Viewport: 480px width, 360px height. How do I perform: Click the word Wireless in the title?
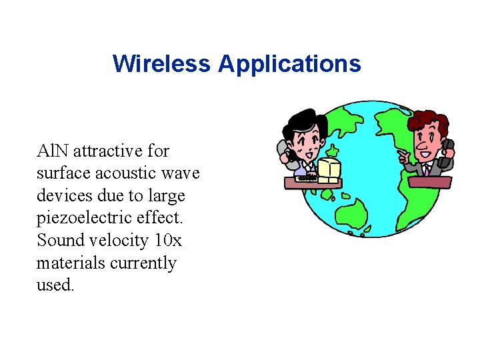162,64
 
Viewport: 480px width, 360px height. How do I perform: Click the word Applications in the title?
289,64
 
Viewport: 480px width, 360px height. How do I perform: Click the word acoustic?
122,173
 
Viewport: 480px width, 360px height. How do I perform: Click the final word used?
55,285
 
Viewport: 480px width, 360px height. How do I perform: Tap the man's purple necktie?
425,170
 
